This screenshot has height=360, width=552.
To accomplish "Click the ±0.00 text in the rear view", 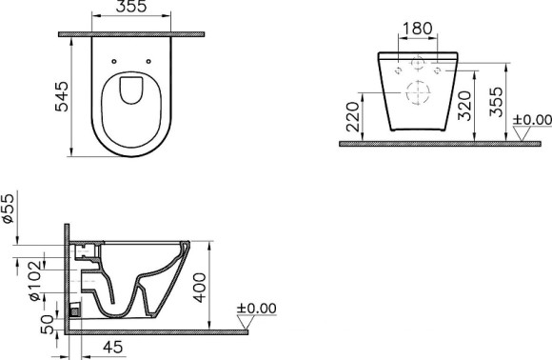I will click(531, 119).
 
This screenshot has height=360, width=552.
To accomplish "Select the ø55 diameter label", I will click(9, 207).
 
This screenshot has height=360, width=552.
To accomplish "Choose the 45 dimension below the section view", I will click(111, 349).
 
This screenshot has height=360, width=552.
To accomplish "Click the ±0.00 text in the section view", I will click(255, 310).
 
